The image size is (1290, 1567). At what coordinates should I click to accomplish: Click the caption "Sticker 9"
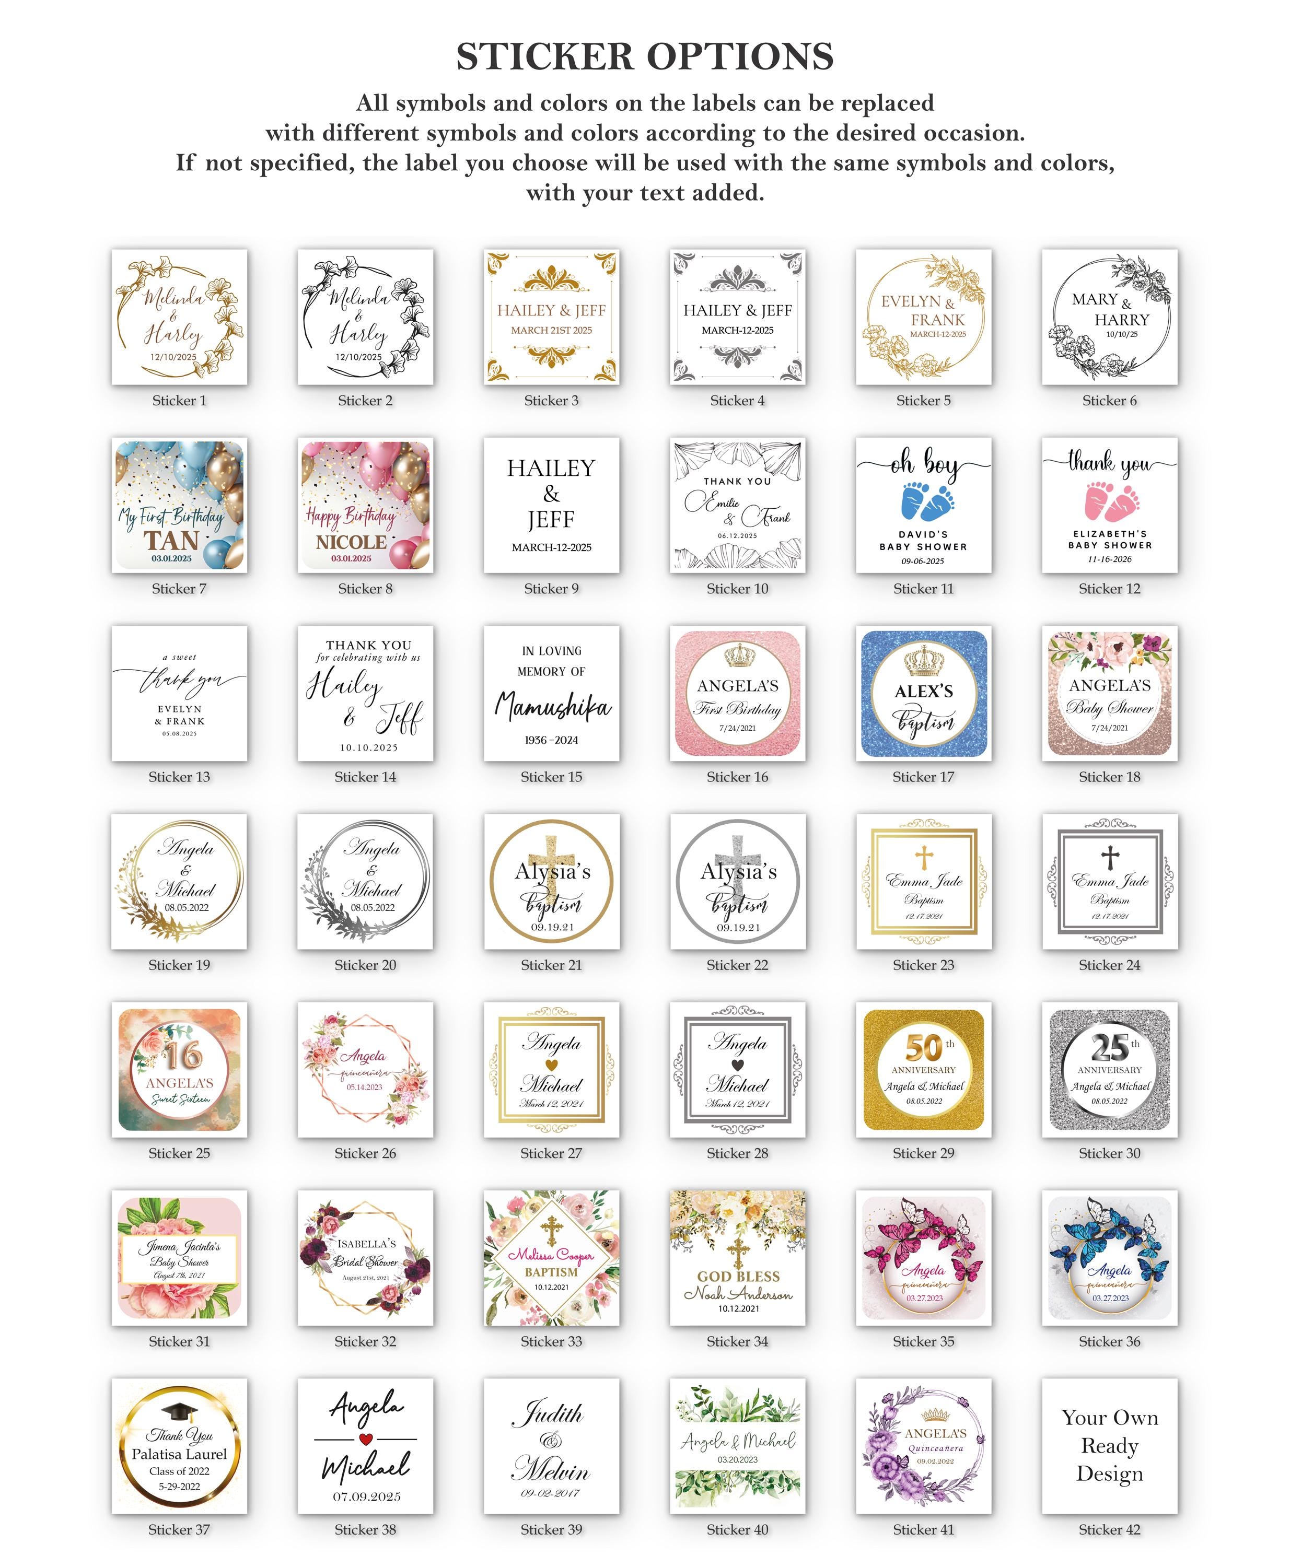551,589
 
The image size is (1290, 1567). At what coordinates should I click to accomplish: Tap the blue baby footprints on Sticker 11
926,501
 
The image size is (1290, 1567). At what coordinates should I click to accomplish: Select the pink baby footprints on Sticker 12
1111,501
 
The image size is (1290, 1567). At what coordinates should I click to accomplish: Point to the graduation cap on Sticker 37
179,1411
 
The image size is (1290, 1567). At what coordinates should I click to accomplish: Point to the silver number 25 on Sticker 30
1109,1048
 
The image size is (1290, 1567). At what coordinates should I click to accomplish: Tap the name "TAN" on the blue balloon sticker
172,540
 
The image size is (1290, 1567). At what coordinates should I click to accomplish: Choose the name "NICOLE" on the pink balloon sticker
352,542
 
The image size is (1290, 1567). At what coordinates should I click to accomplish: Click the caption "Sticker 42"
1109,1529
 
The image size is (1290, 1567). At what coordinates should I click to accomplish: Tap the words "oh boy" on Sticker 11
924,464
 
